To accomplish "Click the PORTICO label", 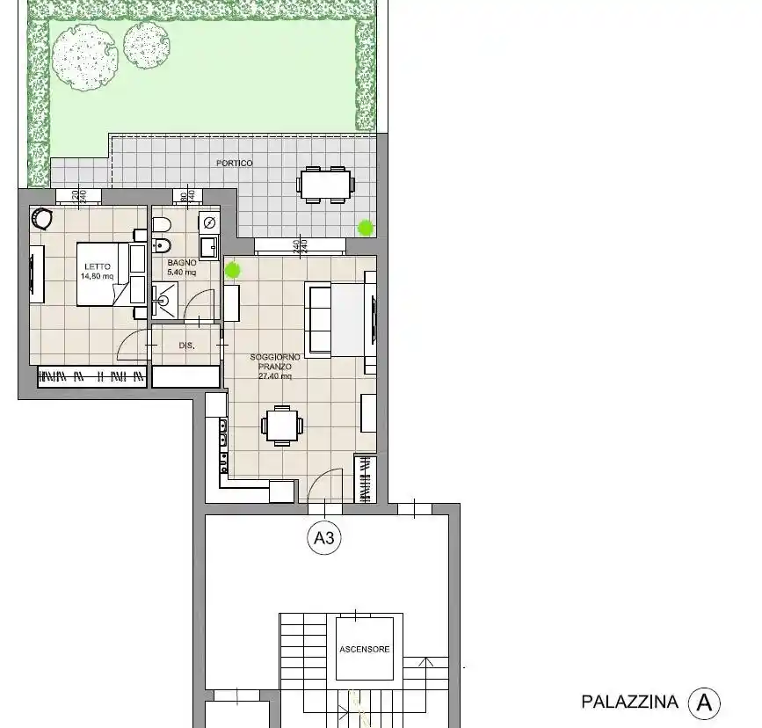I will (235, 164).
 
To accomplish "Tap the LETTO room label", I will (98, 266).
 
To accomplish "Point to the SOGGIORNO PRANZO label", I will (274, 361).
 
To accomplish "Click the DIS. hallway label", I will (186, 346).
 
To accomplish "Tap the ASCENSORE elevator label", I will (364, 649).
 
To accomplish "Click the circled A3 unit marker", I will (324, 539).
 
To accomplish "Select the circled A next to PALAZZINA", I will (704, 703).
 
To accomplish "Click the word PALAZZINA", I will (629, 702).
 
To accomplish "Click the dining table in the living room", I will (281, 426).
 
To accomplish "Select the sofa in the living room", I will (318, 319).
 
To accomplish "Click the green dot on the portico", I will (365, 228).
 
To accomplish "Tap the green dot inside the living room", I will (233, 270).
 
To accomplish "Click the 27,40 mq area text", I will (274, 375).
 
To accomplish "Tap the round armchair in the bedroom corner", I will (41, 216).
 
